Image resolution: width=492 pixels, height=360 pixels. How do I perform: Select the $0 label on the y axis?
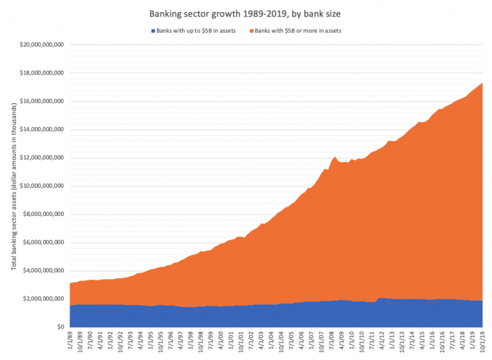coord(60,327)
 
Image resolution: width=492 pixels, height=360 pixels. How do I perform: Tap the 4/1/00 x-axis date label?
coord(220,340)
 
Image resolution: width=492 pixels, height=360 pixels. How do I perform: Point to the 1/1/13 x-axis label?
coord(391,340)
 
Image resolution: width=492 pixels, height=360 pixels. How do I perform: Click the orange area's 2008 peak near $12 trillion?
coord(334,158)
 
